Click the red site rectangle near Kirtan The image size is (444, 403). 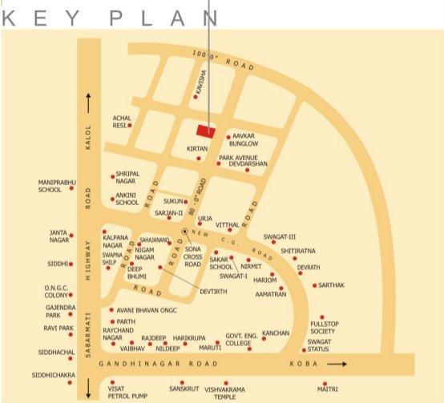pyautogui.click(x=206, y=131)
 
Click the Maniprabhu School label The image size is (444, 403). pyautogui.click(x=50, y=187)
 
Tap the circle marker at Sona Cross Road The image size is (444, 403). pyautogui.click(x=185, y=232)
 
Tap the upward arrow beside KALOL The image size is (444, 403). pyautogui.click(x=88, y=103)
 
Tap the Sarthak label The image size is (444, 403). pyautogui.click(x=331, y=285)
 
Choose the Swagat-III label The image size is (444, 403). pyautogui.click(x=281, y=237)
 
